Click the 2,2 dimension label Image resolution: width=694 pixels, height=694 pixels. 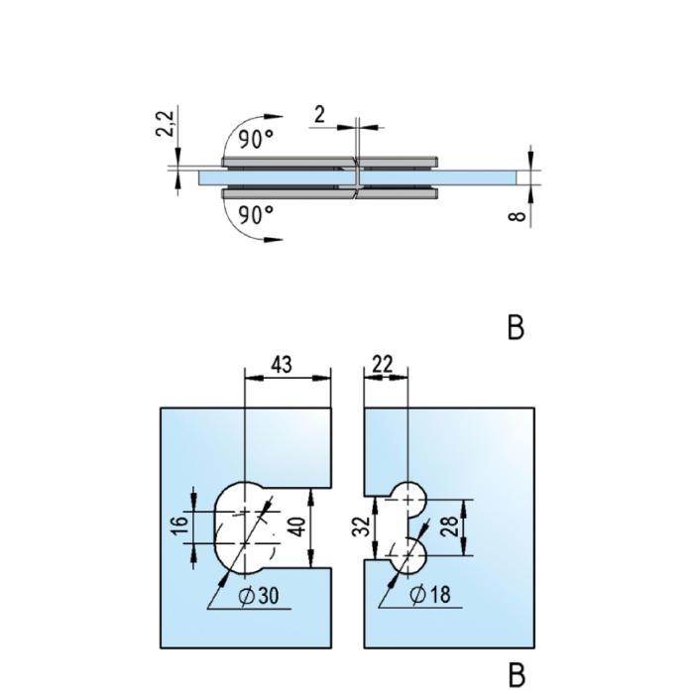tap(166, 124)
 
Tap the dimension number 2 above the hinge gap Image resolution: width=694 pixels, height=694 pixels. tap(319, 115)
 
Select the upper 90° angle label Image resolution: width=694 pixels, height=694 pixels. tap(256, 140)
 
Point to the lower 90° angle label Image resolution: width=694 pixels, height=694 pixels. tap(256, 215)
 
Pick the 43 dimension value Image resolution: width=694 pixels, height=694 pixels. tap(282, 365)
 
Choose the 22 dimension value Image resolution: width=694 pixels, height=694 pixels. tap(383, 365)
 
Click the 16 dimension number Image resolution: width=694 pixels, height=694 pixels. tap(181, 526)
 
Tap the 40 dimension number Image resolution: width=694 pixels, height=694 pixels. tap(298, 526)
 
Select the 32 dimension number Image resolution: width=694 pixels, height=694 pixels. tap(363, 526)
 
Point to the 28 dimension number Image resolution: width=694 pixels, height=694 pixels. tap(452, 526)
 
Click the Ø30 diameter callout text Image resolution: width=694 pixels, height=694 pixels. tap(259, 596)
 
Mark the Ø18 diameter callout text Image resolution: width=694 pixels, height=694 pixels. tap(430, 595)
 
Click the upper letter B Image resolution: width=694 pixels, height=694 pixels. tap(516, 327)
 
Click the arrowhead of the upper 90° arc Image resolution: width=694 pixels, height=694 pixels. tap(274, 116)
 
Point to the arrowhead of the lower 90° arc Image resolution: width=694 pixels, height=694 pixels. tap(274, 240)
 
